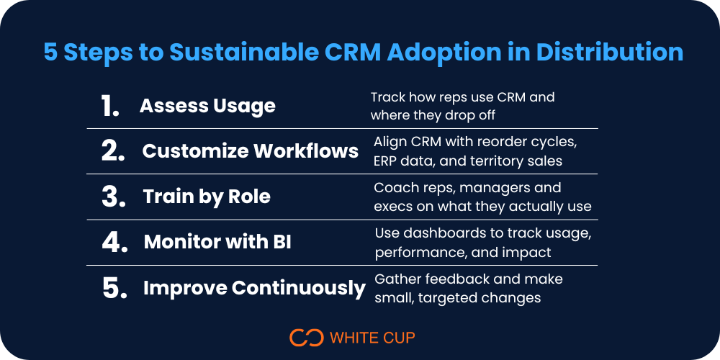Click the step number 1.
(x=110, y=106)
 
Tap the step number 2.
(x=113, y=151)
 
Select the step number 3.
(x=114, y=197)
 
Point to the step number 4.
(x=114, y=242)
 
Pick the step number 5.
(x=114, y=288)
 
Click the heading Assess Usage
(x=207, y=106)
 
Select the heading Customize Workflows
(x=251, y=151)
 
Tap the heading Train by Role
(x=207, y=197)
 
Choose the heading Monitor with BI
(x=217, y=242)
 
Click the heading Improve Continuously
(x=254, y=289)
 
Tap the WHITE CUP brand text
(x=372, y=338)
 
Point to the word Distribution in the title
(x=610, y=53)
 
